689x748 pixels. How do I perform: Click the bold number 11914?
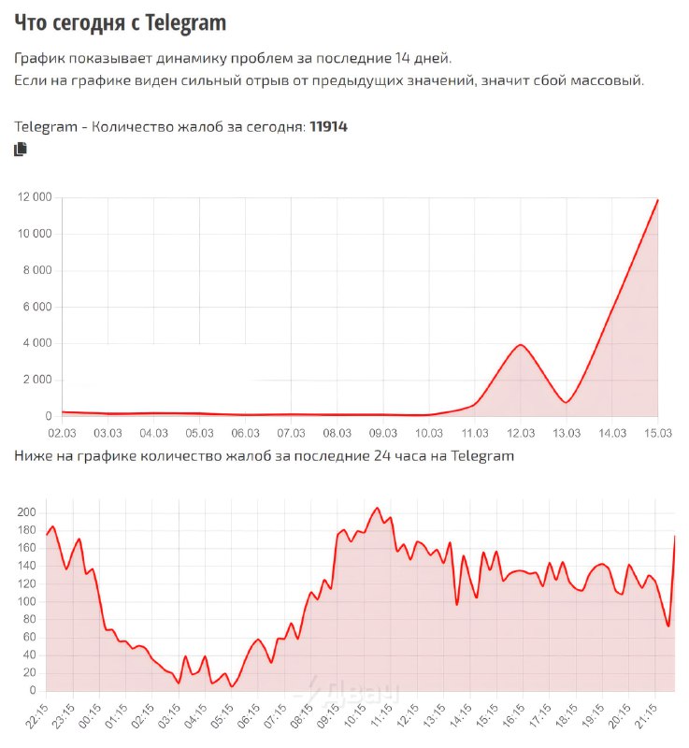pyautogui.click(x=328, y=126)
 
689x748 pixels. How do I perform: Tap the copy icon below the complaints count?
pyautogui.click(x=21, y=150)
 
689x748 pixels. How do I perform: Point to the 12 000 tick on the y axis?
pyautogui.click(x=36, y=197)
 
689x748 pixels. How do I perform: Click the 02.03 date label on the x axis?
pyautogui.click(x=62, y=433)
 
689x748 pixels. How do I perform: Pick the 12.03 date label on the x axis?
pyautogui.click(x=520, y=433)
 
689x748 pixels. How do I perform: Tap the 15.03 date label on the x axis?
pyautogui.click(x=657, y=433)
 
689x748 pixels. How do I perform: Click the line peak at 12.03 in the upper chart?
pyautogui.click(x=521, y=345)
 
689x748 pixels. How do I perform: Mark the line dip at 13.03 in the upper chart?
pyautogui.click(x=567, y=402)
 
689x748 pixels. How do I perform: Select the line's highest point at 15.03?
pyautogui.click(x=657, y=200)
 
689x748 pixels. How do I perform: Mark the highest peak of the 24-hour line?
pyautogui.click(x=377, y=508)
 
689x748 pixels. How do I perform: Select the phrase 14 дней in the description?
pyautogui.click(x=425, y=58)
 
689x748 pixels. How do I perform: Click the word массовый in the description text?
pyautogui.click(x=609, y=80)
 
